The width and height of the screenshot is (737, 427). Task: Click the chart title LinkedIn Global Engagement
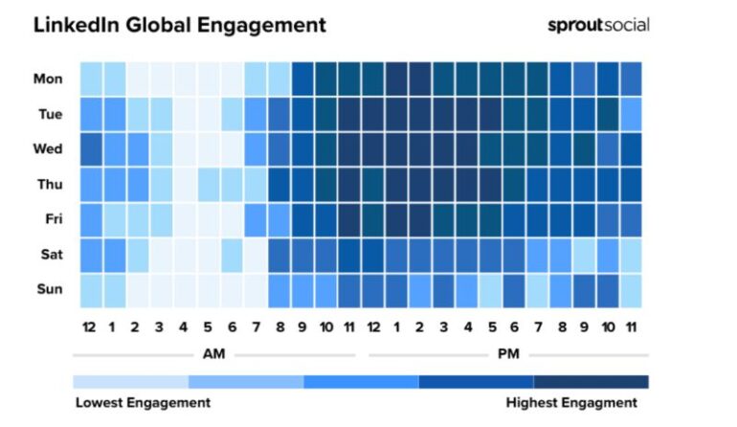point(180,25)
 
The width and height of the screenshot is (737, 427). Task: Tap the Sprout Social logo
point(597,25)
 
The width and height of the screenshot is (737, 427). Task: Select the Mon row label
point(48,79)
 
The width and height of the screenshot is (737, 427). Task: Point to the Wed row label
point(48,149)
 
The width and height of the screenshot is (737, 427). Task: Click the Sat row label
point(50,255)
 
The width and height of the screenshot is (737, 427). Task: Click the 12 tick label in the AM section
point(90,327)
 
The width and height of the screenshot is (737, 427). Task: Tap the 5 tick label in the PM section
point(490,327)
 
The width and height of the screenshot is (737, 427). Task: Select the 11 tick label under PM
point(630,327)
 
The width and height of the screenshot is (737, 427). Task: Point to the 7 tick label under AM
point(255,327)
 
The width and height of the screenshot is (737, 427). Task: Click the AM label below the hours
point(214,353)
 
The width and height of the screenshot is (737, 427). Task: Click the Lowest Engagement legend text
point(143,403)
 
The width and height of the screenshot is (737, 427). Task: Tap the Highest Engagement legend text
point(570,403)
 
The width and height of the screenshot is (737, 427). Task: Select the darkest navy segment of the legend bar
point(591,381)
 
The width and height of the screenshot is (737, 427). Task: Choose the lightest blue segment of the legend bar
point(130,381)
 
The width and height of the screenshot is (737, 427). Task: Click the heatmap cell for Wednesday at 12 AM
point(91,149)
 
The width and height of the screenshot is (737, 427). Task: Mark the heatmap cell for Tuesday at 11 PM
point(630,114)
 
